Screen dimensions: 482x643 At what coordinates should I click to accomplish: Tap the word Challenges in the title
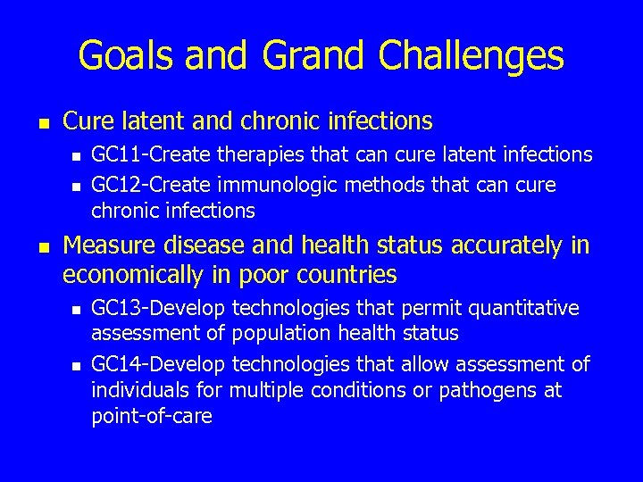(471, 55)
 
